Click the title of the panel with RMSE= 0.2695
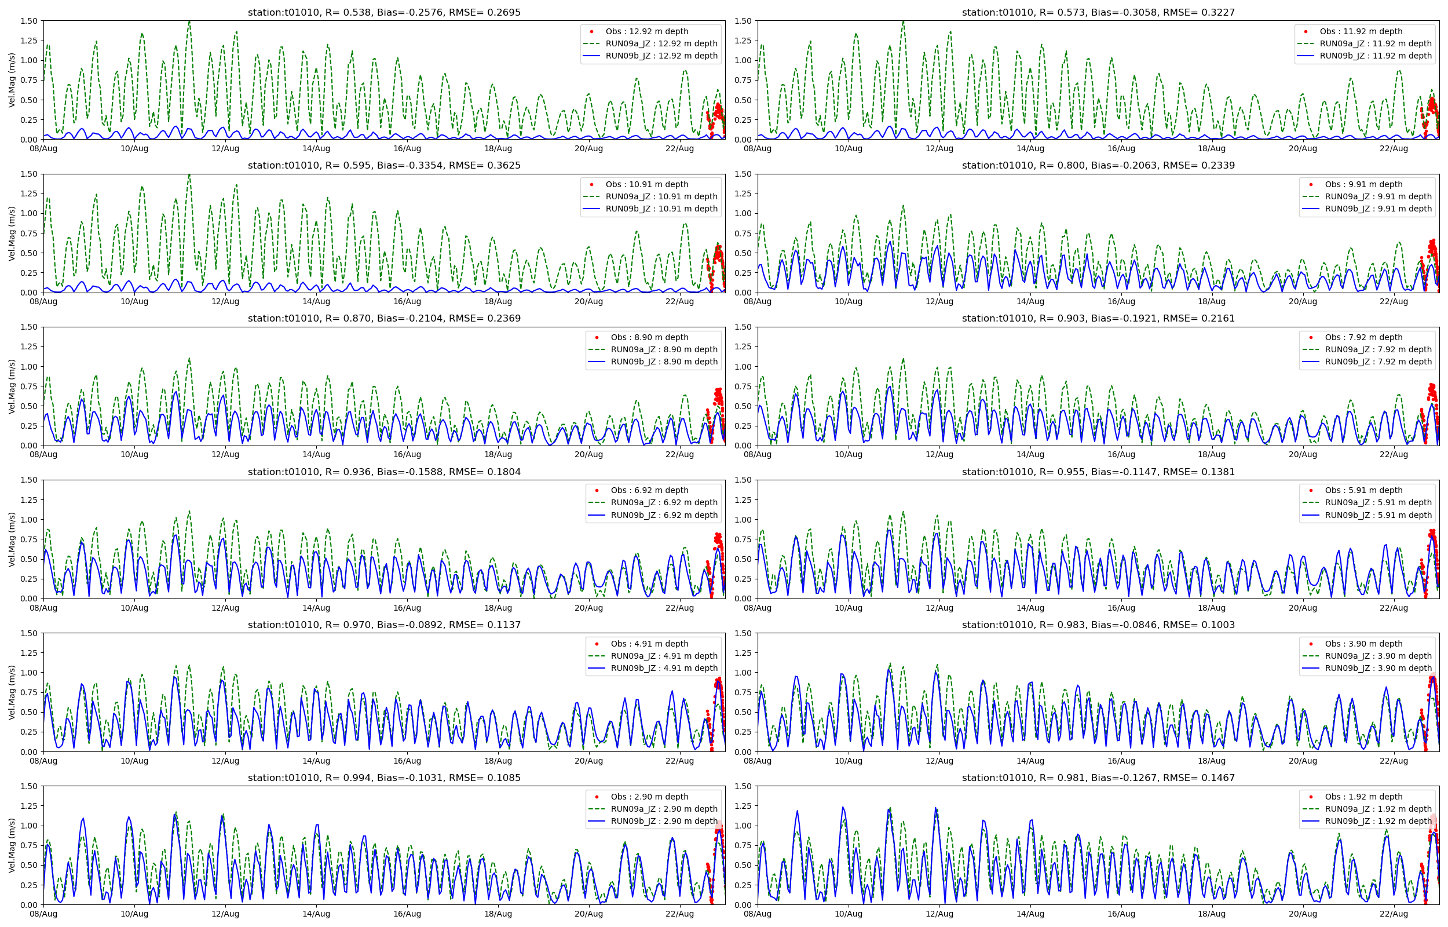point(384,12)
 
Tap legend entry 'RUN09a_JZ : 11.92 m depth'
point(1375,43)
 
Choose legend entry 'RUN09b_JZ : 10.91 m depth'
point(661,209)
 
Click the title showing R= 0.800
point(1098,166)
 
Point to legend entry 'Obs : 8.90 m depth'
point(649,337)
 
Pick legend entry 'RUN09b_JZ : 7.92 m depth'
point(1377,362)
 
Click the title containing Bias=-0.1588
point(384,472)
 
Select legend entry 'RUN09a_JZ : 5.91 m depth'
point(1377,503)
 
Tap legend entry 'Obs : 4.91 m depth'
point(649,644)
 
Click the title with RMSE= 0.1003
point(1098,625)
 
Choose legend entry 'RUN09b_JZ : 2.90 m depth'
point(664,821)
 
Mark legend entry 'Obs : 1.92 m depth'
point(1363,797)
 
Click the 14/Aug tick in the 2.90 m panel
point(316,914)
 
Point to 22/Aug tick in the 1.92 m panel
point(1393,914)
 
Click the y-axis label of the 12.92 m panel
point(12,80)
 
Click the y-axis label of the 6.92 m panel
point(12,539)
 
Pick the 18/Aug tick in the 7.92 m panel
point(1212,454)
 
